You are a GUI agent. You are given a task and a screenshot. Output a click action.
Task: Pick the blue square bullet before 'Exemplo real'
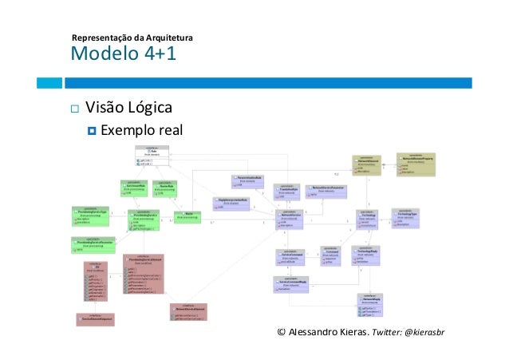tap(90, 130)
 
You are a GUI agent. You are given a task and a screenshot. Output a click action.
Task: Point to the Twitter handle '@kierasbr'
tap(429, 331)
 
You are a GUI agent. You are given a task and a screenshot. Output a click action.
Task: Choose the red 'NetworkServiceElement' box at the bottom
tap(188, 313)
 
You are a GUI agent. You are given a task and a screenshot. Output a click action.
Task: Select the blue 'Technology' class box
tap(370, 221)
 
